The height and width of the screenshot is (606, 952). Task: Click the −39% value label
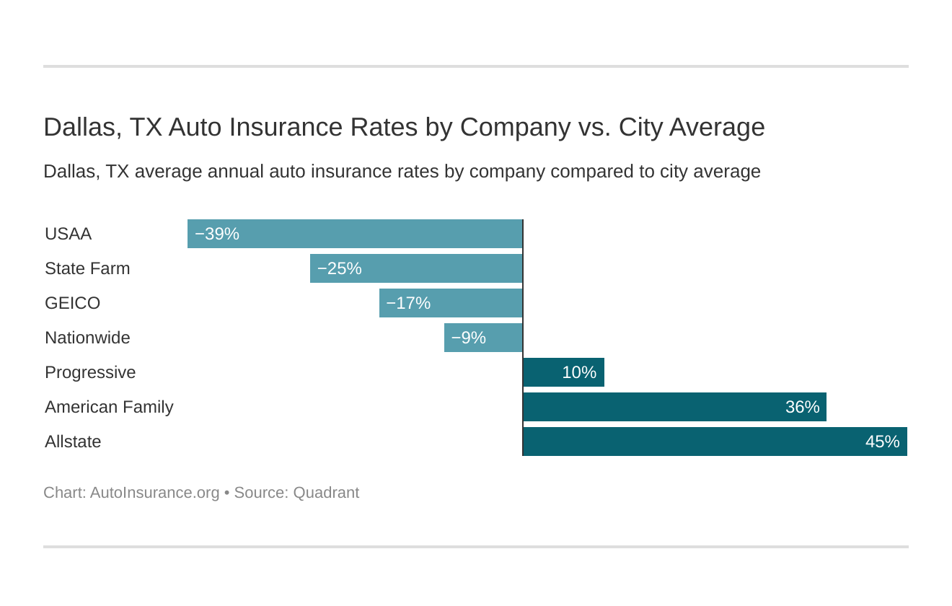tap(216, 234)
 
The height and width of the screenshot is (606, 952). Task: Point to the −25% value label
tap(339, 268)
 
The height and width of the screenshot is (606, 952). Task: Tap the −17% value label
tap(408, 303)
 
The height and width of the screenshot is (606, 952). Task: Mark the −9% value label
tap(468, 338)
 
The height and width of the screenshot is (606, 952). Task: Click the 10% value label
tap(579, 372)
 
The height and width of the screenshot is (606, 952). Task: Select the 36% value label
tap(802, 407)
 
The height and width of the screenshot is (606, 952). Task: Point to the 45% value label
tap(882, 442)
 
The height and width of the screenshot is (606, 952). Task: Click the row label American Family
tap(109, 407)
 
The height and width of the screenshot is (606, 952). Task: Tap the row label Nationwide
tap(87, 338)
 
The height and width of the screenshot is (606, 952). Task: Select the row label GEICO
tap(72, 303)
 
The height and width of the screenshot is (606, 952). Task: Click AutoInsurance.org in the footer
tap(154, 493)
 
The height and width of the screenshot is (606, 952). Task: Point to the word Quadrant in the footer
tap(325, 493)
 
